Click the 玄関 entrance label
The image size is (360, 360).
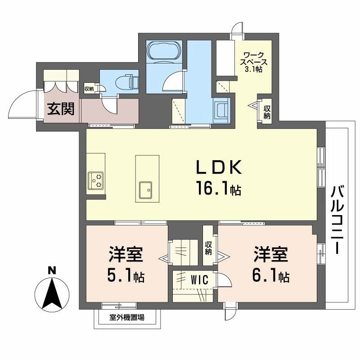[61, 109]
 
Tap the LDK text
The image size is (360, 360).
[219, 167]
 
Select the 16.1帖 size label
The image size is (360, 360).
[218, 188]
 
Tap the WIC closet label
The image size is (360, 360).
[199, 280]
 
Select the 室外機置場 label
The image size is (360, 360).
[127, 318]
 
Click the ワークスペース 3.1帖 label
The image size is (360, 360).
[254, 62]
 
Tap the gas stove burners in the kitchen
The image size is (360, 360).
[95, 180]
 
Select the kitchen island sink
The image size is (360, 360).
[145, 190]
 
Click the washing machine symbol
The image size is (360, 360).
[221, 110]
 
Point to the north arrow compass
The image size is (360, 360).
[52, 295]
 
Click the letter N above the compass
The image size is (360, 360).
[52, 270]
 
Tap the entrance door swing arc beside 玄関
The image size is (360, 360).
[23, 104]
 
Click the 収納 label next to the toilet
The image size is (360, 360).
[89, 89]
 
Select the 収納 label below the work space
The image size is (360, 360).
[267, 112]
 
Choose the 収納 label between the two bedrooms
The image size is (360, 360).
[208, 248]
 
